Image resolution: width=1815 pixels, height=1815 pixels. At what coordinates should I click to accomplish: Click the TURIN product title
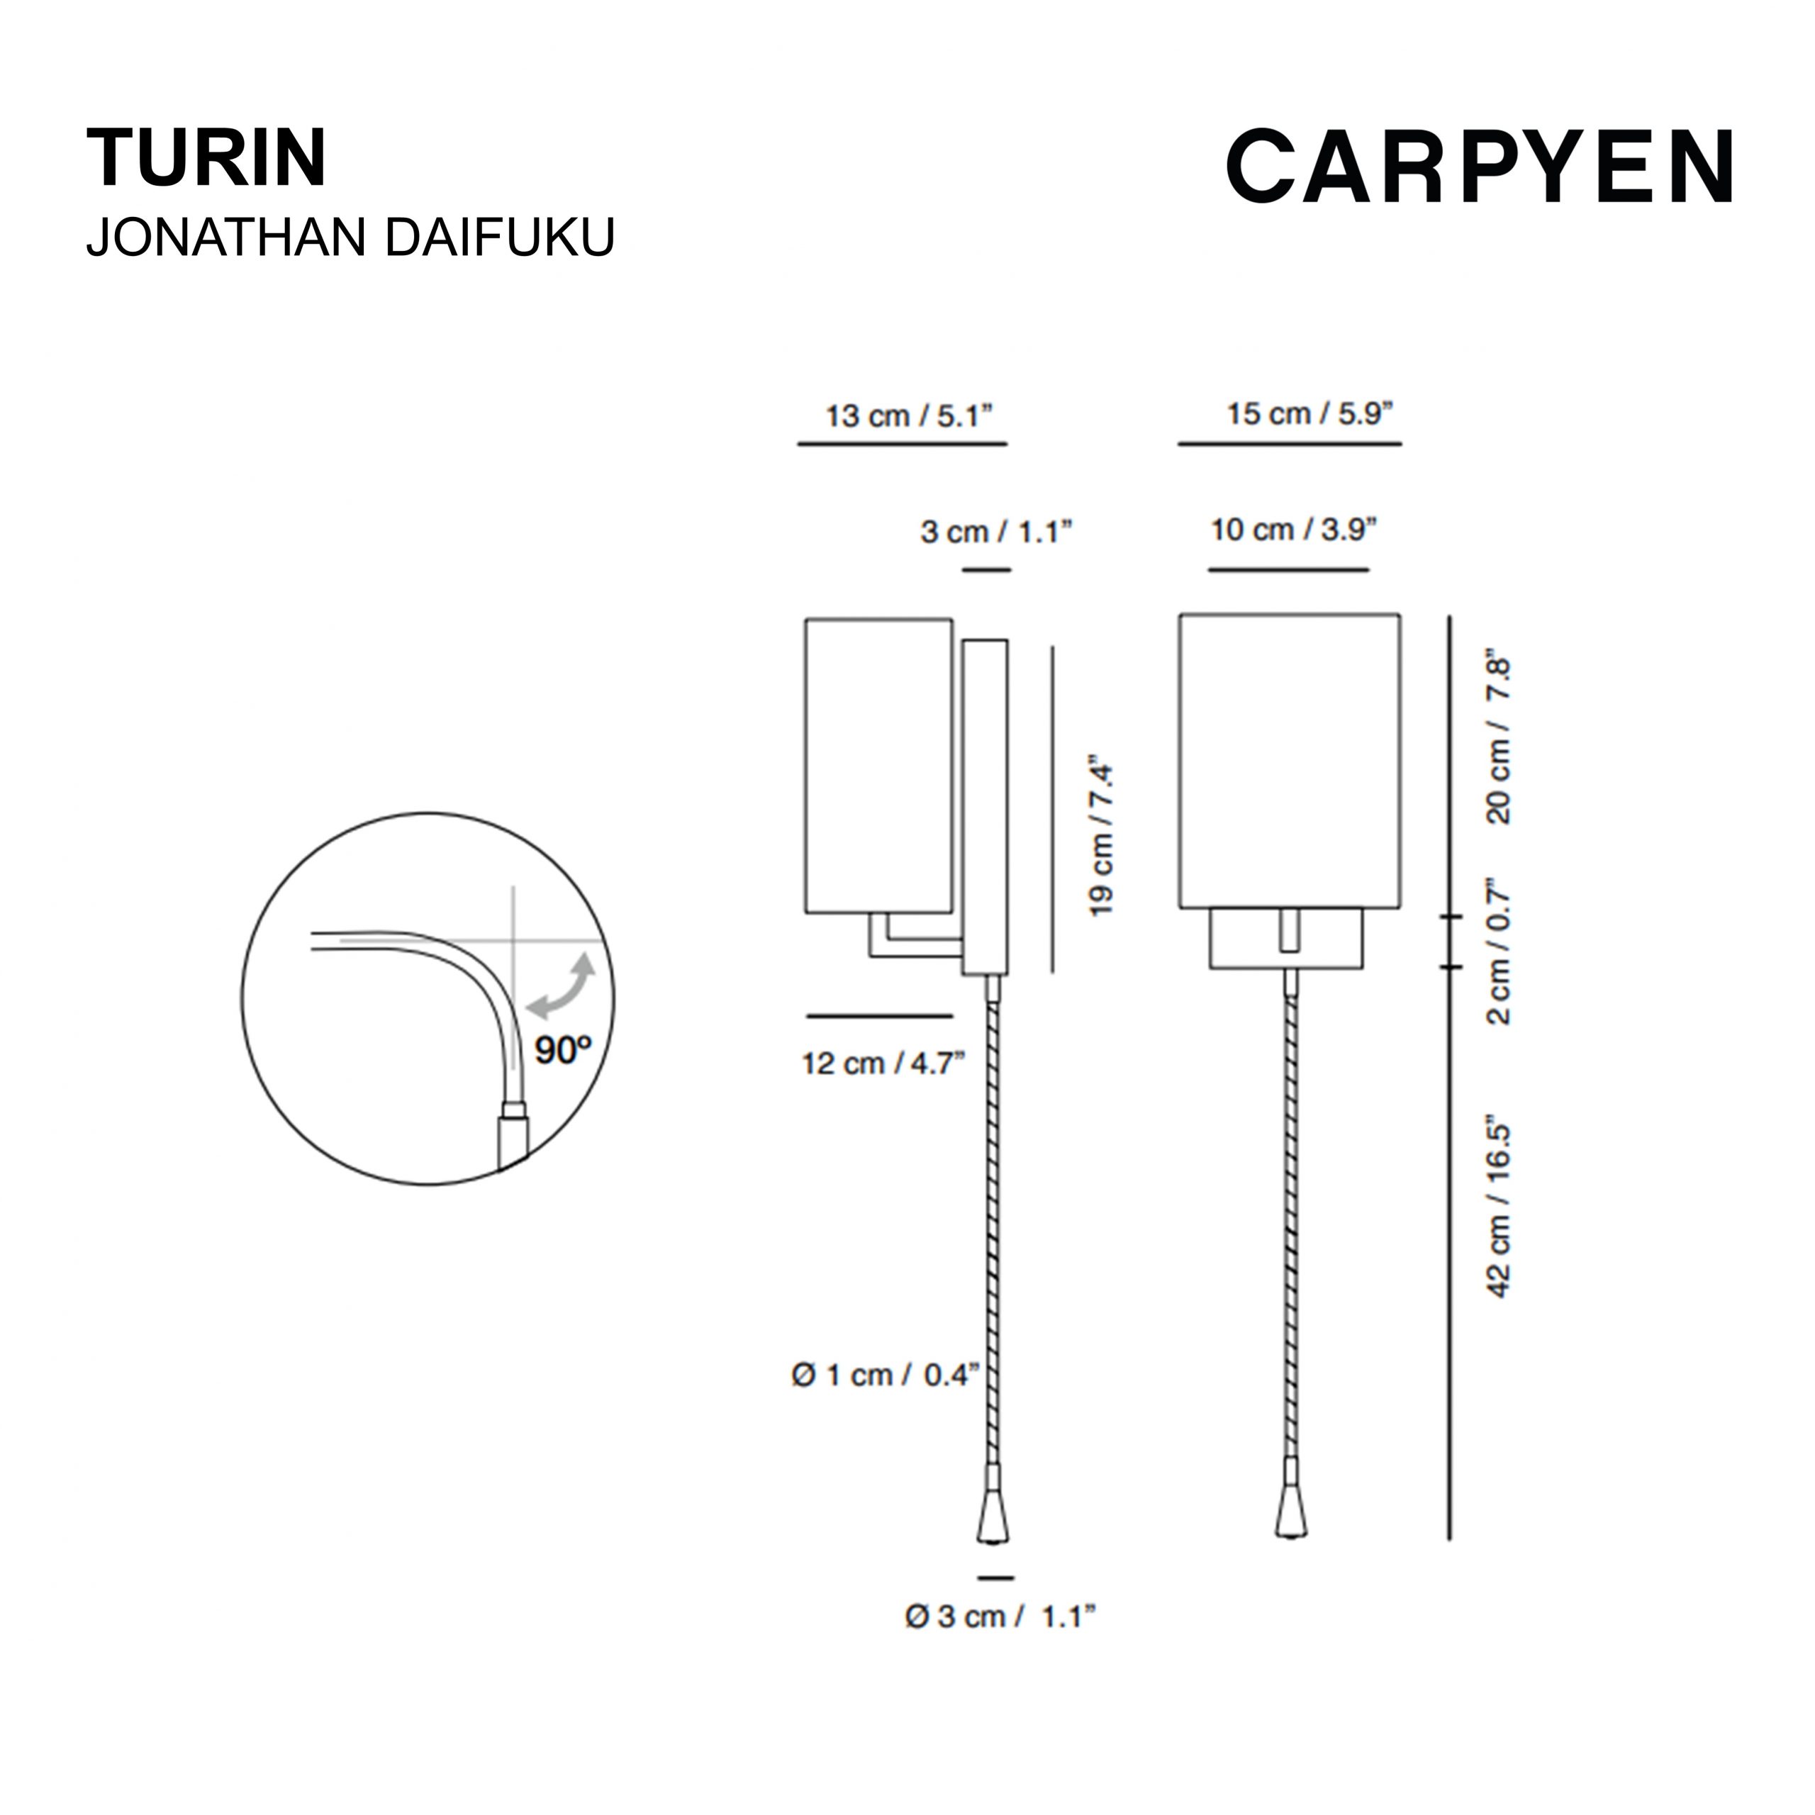pyautogui.click(x=207, y=158)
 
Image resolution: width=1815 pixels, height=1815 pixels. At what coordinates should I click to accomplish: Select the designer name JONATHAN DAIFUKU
pyautogui.click(x=350, y=237)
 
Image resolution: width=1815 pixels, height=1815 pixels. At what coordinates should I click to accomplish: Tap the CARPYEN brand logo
pyautogui.click(x=1480, y=167)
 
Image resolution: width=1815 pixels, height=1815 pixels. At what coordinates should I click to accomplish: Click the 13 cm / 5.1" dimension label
pyautogui.click(x=908, y=415)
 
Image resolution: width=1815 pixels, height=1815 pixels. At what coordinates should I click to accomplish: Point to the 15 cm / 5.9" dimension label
pyautogui.click(x=1309, y=413)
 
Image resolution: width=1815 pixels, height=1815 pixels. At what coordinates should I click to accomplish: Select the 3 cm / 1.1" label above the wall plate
pyautogui.click(x=996, y=532)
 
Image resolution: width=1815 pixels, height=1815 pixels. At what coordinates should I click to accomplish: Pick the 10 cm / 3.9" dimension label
pyautogui.click(x=1294, y=530)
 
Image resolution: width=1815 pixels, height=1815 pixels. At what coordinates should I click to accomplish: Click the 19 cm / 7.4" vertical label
pyautogui.click(x=1100, y=834)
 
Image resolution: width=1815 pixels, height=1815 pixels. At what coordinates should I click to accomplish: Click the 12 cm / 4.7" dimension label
pyautogui.click(x=883, y=1063)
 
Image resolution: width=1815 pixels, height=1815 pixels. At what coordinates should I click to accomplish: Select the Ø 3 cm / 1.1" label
pyautogui.click(x=1000, y=1616)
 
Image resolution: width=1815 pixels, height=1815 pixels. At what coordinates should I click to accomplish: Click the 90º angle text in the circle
pyautogui.click(x=564, y=1049)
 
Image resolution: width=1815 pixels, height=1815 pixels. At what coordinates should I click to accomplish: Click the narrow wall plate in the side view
pyautogui.click(x=985, y=807)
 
